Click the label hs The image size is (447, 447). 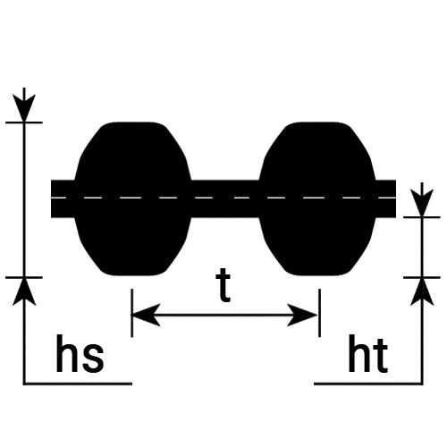pyautogui.click(x=80, y=354)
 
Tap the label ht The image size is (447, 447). pyautogui.click(x=368, y=354)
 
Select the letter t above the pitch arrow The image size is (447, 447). pyautogui.click(x=223, y=285)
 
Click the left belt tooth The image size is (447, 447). pyautogui.click(x=132, y=198)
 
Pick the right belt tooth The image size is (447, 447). pyautogui.click(x=317, y=198)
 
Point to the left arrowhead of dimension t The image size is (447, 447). pyautogui.click(x=146, y=315)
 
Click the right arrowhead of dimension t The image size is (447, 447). pyautogui.click(x=302, y=315)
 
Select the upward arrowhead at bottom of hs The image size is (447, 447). pyautogui.click(x=24, y=291)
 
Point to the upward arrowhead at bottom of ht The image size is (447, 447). pyautogui.click(x=422, y=291)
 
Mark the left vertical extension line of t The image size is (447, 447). pyautogui.click(x=131, y=313)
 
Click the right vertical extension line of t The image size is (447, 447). pyautogui.click(x=320, y=313)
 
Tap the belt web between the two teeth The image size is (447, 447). pyautogui.click(x=225, y=198)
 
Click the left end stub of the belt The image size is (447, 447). pyautogui.click(x=63, y=198)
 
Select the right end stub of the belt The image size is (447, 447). pyautogui.click(x=385, y=198)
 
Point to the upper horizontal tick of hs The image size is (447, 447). pyautogui.click(x=24, y=122)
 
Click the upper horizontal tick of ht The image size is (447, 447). pyautogui.click(x=422, y=217)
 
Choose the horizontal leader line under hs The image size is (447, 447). pyautogui.click(x=78, y=384)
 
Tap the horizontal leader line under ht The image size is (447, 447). pyautogui.click(x=368, y=384)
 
